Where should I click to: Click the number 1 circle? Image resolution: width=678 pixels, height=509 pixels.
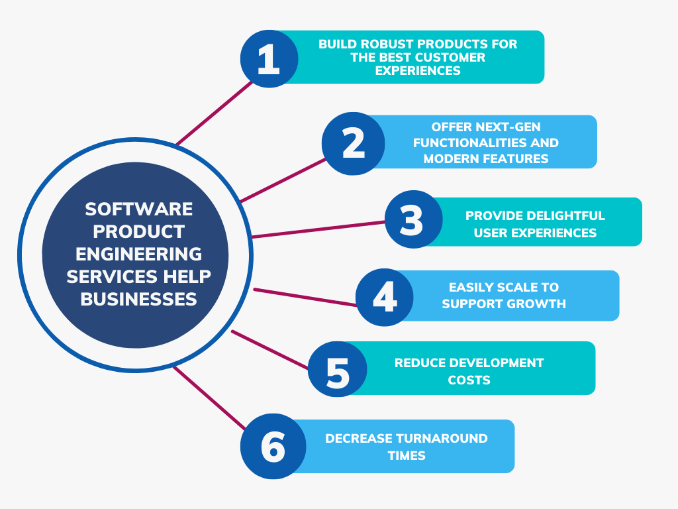click(269, 58)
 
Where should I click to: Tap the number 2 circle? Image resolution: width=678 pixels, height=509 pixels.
click(354, 143)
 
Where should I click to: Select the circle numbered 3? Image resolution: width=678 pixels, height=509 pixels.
click(413, 219)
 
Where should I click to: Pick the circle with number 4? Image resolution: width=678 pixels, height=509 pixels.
click(385, 296)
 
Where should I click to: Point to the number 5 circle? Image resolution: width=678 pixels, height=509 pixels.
click(337, 371)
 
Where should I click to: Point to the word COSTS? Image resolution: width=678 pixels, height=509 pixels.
click(469, 380)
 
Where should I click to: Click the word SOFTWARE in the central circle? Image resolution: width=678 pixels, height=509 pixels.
click(139, 209)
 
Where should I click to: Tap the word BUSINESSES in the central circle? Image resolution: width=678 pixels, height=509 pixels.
click(139, 299)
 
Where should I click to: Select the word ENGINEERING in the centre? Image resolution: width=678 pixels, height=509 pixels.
click(139, 254)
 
